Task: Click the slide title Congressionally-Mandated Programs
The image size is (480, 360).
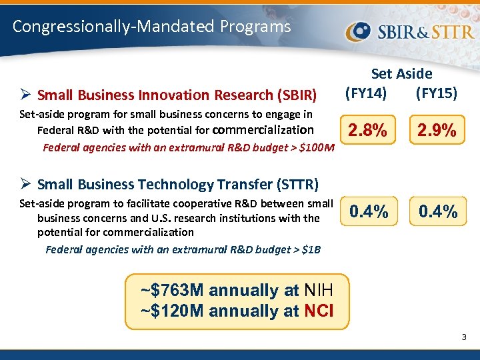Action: pos(152,27)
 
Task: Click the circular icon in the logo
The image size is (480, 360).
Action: pos(358,31)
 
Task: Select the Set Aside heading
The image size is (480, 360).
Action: pos(401,74)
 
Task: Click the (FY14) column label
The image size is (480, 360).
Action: pos(365,93)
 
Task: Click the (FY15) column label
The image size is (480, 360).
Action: pos(436,93)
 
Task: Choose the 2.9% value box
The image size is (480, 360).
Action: pos(437,131)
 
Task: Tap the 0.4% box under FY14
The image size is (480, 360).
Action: pos(369,212)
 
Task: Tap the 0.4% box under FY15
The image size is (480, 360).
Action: pos(437,212)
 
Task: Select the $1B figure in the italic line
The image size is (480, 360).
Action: pos(311,249)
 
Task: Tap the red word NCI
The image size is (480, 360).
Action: pos(319,311)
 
